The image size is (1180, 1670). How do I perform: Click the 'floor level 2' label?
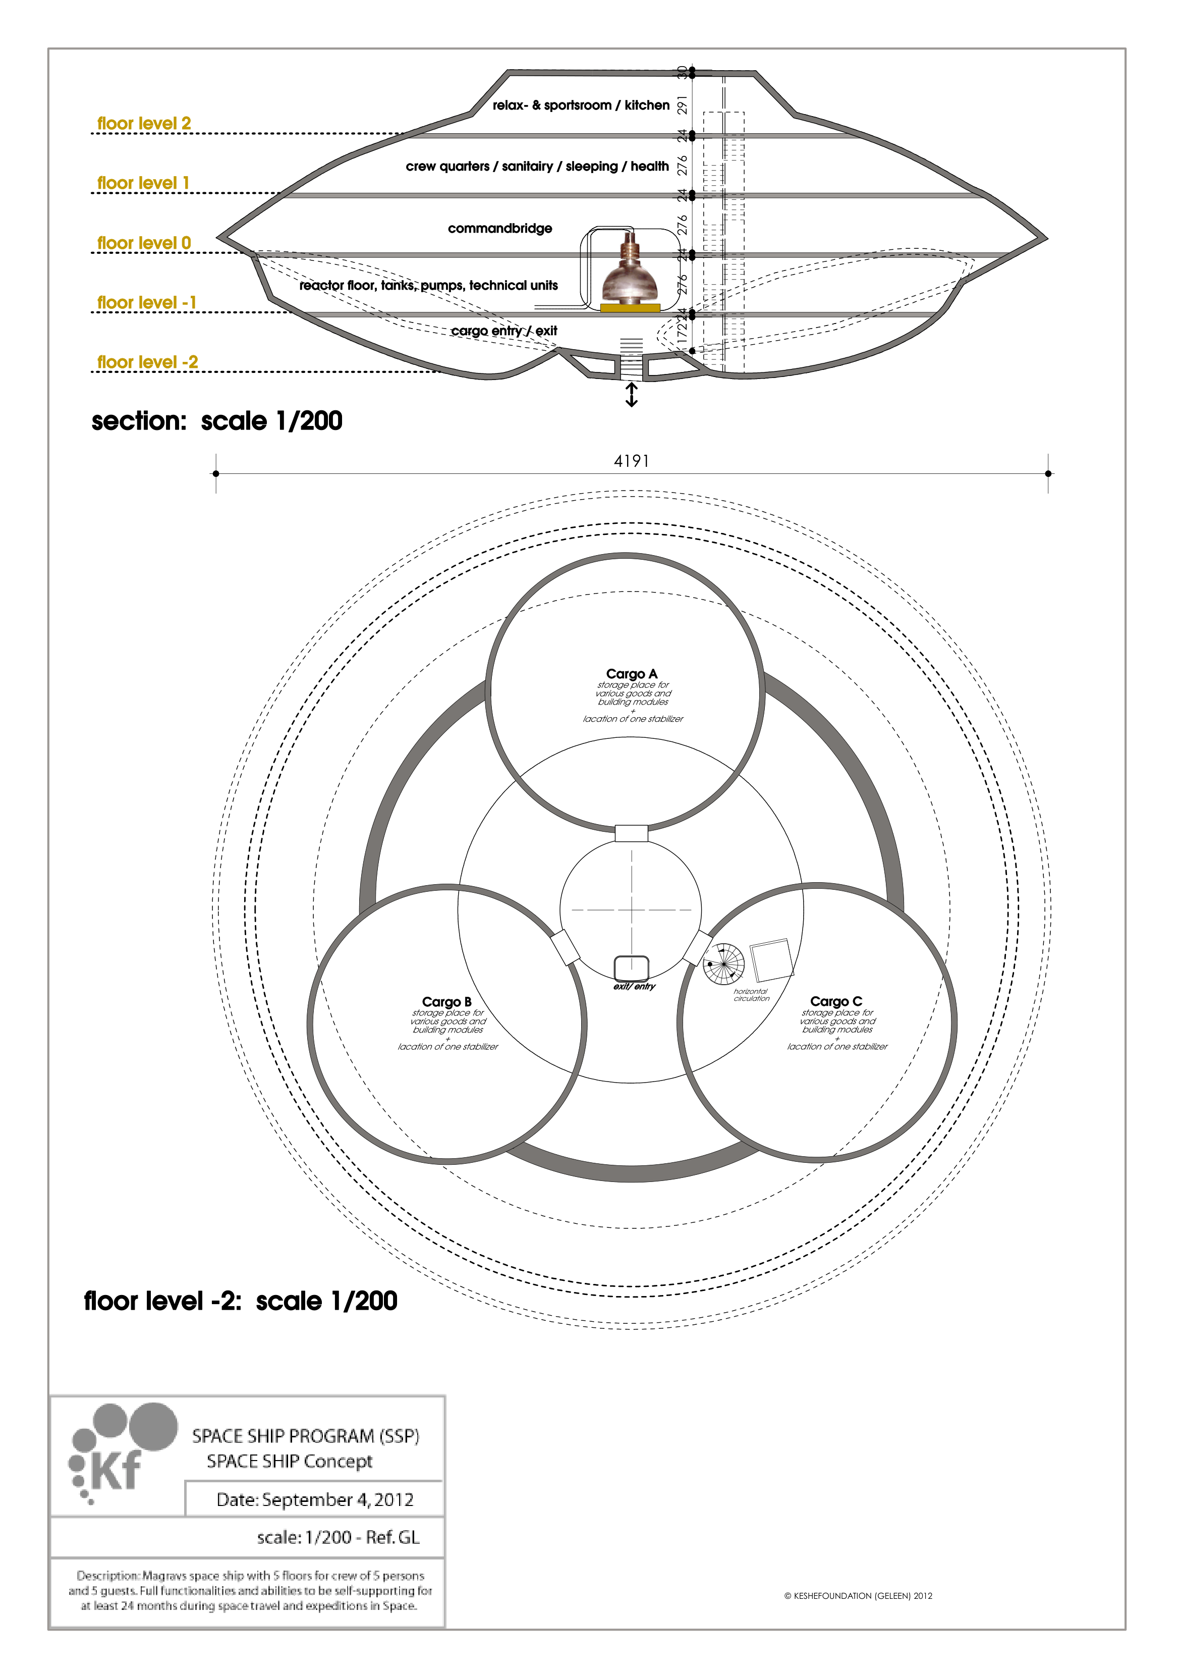coord(144,124)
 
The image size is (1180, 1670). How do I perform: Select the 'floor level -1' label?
coord(147,303)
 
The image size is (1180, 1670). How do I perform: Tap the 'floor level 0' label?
coord(144,243)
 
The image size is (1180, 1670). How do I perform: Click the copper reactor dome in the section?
coord(630,280)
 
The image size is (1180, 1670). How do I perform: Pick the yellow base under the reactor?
coord(630,308)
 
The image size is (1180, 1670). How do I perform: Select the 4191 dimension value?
coord(631,461)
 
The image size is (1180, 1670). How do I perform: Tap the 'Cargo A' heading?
coord(631,674)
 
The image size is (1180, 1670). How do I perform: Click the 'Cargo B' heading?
coord(446,1002)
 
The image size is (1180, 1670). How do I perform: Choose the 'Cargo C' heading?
coord(836,1002)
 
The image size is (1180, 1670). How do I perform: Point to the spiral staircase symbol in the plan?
coord(723,964)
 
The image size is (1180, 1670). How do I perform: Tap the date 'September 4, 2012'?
coord(315,1500)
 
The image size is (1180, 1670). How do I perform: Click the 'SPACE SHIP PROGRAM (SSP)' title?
coord(305,1436)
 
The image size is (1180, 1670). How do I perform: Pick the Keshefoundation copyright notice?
coord(858,1596)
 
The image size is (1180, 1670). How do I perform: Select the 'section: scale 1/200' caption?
coord(216,421)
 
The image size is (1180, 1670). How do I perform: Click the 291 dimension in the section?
coord(682,105)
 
